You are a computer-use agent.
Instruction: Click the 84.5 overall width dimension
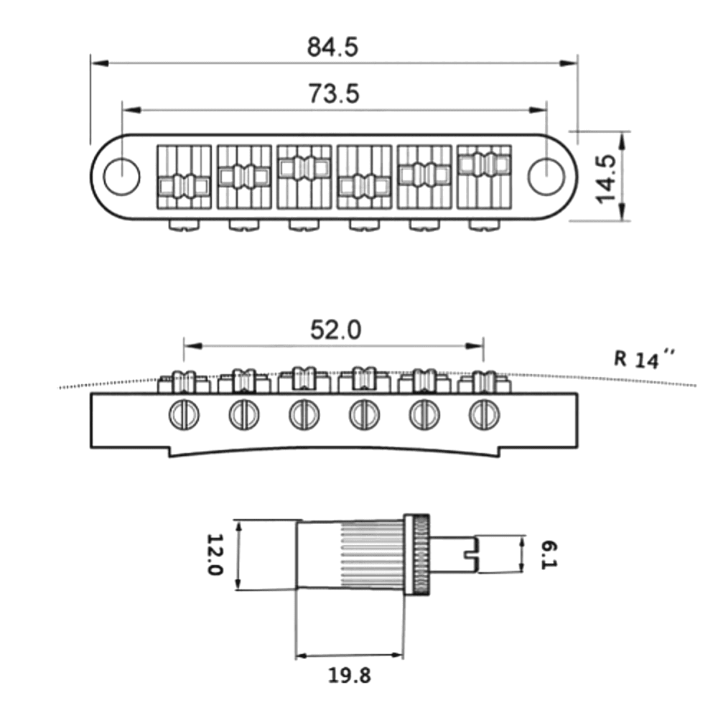333,47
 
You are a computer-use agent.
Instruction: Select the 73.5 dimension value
333,94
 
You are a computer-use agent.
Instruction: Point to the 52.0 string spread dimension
335,330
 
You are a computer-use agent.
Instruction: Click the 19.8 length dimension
350,675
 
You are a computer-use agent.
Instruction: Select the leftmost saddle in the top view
184,177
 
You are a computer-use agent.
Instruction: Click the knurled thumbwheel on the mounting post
418,555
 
